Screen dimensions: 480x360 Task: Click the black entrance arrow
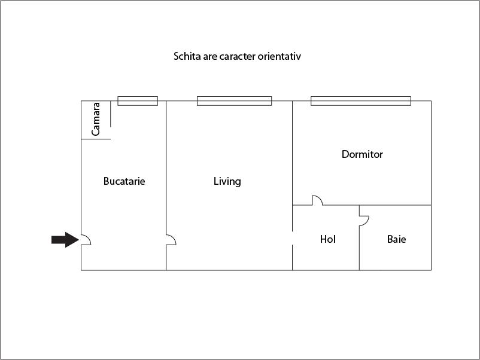point(65,240)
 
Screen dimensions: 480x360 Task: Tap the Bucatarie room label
point(124,181)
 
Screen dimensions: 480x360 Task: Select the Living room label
point(227,181)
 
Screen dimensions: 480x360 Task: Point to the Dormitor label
point(362,154)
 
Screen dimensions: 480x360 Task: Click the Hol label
point(327,239)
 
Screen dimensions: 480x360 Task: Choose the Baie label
point(396,239)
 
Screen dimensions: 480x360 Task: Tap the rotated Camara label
point(96,119)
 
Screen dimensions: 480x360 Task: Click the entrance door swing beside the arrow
point(86,240)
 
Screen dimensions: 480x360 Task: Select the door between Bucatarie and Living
point(171,240)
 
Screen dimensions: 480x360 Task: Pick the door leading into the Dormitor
point(317,200)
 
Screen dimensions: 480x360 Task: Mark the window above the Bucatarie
point(138,101)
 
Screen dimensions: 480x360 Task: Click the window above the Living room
point(234,101)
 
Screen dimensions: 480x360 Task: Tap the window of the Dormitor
point(361,101)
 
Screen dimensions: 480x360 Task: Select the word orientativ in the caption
point(279,56)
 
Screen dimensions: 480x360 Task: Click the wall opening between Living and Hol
point(292,238)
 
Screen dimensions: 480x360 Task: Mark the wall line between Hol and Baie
point(359,237)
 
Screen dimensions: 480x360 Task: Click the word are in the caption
point(210,57)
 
